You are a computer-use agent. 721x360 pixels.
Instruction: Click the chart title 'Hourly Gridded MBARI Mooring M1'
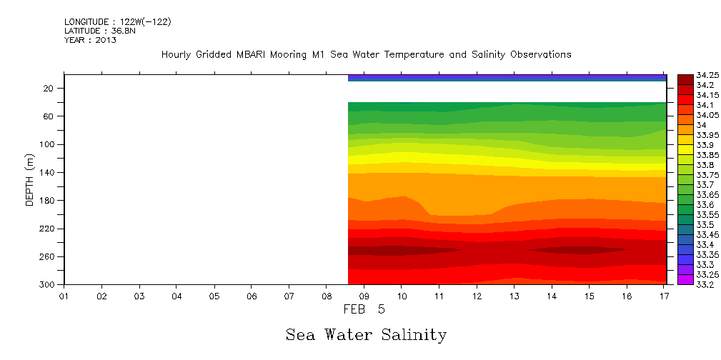[366, 55]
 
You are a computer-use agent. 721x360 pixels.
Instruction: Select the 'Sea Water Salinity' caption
[366, 335]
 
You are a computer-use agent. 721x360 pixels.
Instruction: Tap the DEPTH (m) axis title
[30, 179]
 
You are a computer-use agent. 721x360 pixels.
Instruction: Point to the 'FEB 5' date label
[364, 310]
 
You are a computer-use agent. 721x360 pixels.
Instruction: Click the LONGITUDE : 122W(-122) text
[118, 22]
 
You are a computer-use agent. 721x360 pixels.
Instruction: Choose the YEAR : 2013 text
[90, 41]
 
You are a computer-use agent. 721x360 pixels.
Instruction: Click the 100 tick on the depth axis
[49, 144]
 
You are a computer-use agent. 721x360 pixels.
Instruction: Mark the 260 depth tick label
[49, 256]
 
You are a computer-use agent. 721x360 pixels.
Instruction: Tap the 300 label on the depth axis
[49, 284]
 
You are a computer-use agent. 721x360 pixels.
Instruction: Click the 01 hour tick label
[64, 295]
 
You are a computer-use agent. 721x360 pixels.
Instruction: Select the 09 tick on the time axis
[364, 295]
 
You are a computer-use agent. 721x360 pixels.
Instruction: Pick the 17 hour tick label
[665, 295]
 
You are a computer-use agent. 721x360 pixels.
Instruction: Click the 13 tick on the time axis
[514, 295]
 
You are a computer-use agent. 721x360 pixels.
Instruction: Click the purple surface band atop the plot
[507, 76]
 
